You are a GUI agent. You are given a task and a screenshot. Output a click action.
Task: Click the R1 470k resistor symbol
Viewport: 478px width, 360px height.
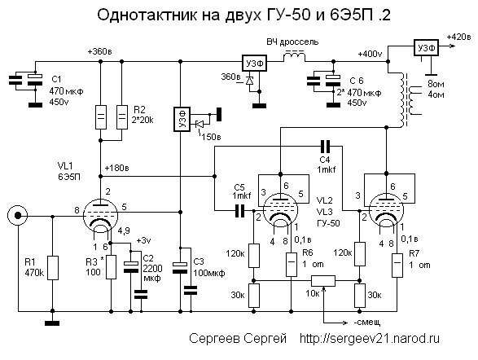[x=53, y=268]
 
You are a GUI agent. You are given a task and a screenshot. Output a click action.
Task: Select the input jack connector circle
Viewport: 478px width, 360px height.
[x=18, y=216]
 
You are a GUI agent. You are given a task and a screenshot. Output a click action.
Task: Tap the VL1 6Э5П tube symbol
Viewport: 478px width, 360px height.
[x=100, y=216]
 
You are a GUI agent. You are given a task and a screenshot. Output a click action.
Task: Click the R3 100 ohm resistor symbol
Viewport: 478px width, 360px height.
[x=111, y=267]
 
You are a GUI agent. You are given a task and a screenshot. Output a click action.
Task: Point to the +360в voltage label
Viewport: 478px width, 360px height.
[x=99, y=51]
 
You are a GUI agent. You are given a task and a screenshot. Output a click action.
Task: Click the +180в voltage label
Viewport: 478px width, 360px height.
[x=116, y=168]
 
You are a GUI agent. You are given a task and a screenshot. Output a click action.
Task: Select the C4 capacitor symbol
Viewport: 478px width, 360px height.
[x=325, y=147]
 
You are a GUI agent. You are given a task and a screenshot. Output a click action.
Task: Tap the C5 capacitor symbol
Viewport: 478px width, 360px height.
[x=240, y=211]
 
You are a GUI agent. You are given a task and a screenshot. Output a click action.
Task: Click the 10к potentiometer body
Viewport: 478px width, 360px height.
[x=323, y=281]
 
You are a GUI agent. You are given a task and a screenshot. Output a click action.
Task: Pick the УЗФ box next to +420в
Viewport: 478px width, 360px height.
[x=426, y=47]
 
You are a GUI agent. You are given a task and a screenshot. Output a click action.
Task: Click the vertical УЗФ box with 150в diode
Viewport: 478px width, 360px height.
[x=182, y=119]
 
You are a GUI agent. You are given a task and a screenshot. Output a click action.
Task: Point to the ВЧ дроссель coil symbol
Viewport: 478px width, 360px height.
[x=294, y=57]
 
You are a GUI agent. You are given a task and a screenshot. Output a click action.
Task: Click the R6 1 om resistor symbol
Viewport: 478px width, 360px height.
[x=292, y=264]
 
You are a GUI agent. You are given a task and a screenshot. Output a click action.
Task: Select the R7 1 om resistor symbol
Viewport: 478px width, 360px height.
[x=397, y=266]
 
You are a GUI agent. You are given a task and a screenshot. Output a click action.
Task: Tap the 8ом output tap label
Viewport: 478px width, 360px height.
[x=436, y=84]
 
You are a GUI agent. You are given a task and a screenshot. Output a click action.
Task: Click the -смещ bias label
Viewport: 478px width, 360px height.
[x=366, y=323]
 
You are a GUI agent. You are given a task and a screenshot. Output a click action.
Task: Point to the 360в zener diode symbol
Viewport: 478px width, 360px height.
[x=250, y=81]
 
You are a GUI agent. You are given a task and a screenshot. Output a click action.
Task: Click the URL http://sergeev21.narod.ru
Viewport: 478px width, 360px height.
[x=370, y=338]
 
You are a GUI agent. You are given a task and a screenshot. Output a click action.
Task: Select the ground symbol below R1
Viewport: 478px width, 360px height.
[x=52, y=323]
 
